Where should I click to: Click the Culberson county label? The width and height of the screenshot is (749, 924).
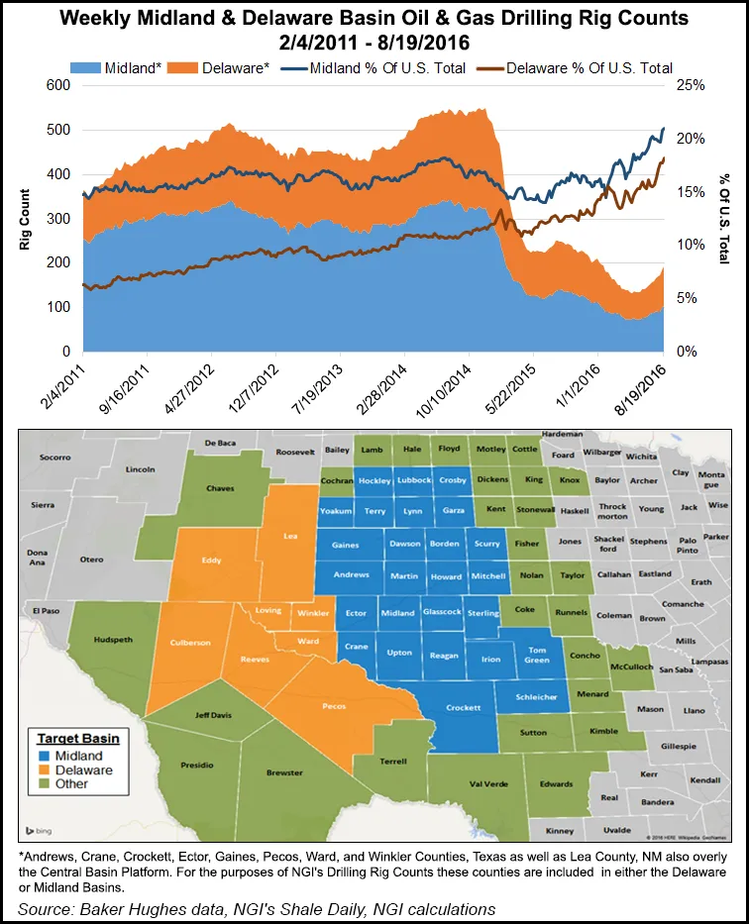pyautogui.click(x=191, y=642)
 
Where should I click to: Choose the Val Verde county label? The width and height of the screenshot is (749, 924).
pyautogui.click(x=464, y=783)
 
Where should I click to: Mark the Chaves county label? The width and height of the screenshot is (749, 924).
pyautogui.click(x=220, y=488)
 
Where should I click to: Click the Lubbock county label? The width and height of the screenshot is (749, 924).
pyautogui.click(x=410, y=480)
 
